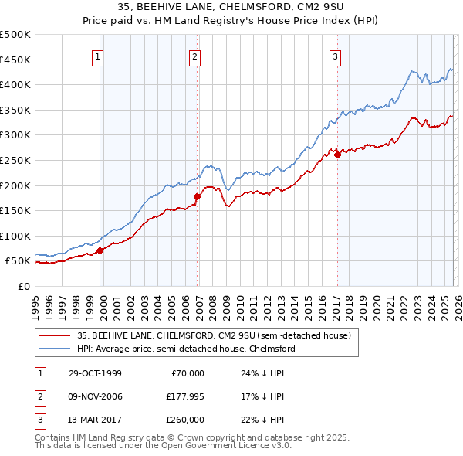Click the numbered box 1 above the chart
pyautogui.click(x=100, y=56)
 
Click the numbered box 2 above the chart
pyautogui.click(x=195, y=56)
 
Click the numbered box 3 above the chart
pyautogui.click(x=336, y=56)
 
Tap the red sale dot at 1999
pyautogui.click(x=100, y=250)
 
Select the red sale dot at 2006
pyautogui.click(x=196, y=196)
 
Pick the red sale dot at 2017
pyautogui.click(x=337, y=155)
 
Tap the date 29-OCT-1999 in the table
pyautogui.click(x=95, y=373)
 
